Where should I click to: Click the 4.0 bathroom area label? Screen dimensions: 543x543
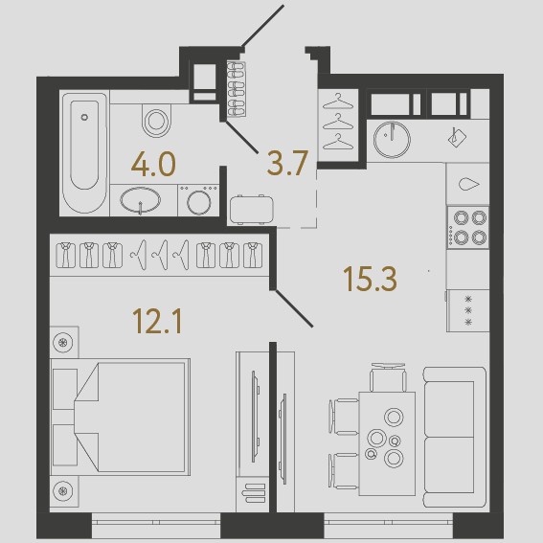click(x=153, y=165)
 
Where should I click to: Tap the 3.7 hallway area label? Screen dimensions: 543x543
click(x=287, y=163)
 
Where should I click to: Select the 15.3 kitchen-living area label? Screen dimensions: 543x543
click(x=370, y=279)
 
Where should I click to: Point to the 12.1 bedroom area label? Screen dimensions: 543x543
click(x=157, y=322)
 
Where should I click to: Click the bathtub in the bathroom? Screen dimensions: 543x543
click(x=84, y=153)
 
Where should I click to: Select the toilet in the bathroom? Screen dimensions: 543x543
click(x=156, y=121)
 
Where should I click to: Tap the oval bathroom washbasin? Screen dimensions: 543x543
click(x=141, y=200)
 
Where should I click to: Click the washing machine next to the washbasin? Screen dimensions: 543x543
click(x=198, y=200)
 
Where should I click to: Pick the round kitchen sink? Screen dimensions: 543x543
click(x=392, y=140)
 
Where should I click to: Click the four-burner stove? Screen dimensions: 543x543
click(x=468, y=227)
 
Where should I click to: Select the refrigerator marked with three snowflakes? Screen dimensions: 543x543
click(x=468, y=310)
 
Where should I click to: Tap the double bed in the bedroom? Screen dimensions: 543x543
click(x=120, y=417)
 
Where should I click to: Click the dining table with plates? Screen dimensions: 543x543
click(x=387, y=443)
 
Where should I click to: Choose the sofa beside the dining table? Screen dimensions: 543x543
click(x=455, y=437)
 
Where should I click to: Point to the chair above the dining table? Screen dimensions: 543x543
click(x=388, y=377)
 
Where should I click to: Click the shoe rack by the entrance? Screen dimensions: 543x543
click(x=237, y=89)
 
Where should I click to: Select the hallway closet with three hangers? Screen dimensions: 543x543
click(x=338, y=125)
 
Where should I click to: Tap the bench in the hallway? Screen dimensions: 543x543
click(x=252, y=210)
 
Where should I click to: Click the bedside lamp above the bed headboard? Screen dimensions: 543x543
click(x=63, y=343)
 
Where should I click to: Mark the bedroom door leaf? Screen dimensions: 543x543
click(x=294, y=308)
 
